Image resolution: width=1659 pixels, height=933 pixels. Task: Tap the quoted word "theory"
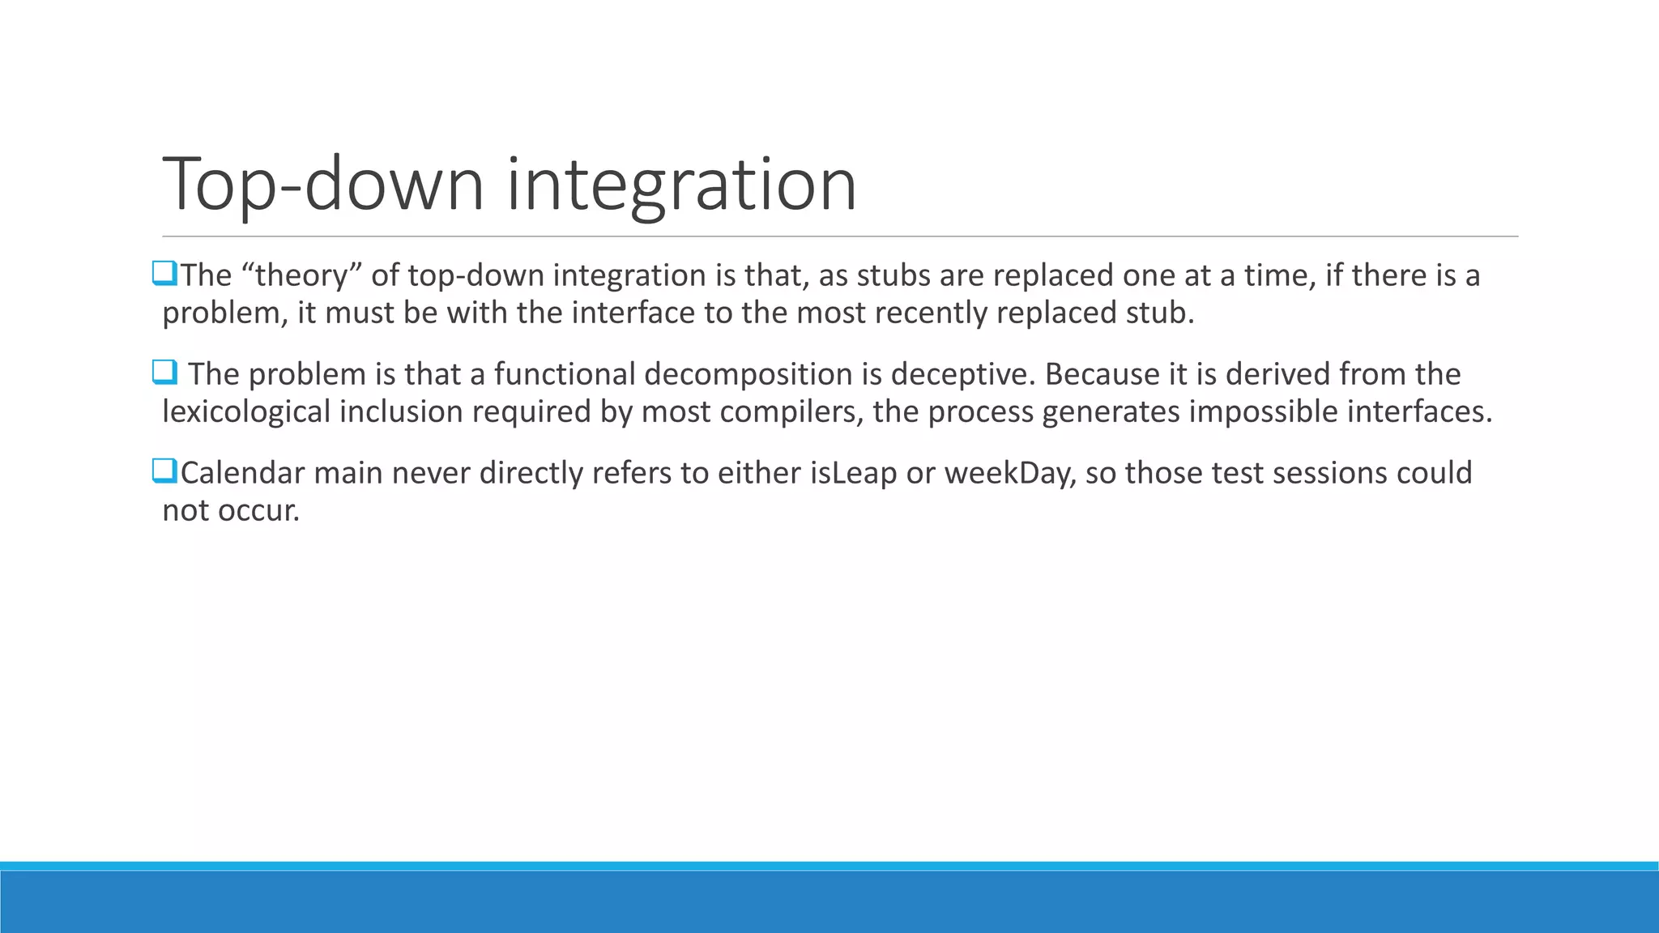point(301,275)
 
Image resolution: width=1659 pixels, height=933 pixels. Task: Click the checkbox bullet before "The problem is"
point(164,373)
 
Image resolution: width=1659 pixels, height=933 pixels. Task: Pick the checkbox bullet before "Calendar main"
point(164,471)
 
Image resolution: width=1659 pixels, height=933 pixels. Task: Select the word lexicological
point(246,411)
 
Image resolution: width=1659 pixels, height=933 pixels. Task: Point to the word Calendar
point(242,473)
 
